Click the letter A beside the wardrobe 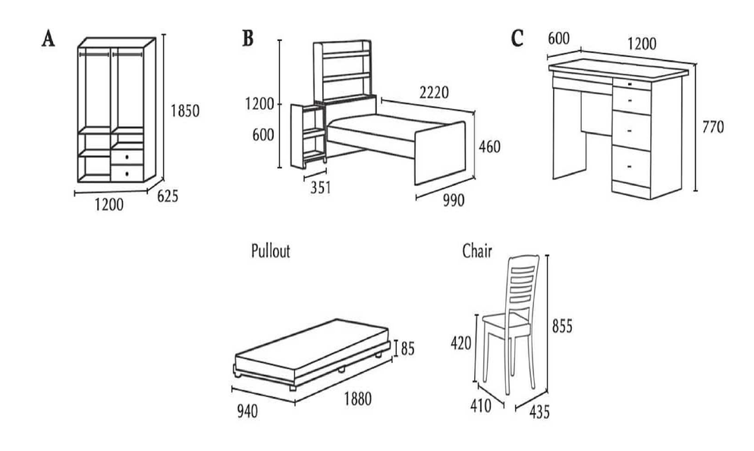click(48, 39)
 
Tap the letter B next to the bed click(247, 38)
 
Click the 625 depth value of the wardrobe click(168, 197)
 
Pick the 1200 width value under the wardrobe click(110, 205)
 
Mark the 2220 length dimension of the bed click(432, 93)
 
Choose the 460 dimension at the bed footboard click(489, 147)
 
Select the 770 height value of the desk click(713, 126)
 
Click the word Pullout click(271, 251)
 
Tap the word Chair click(478, 251)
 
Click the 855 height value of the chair click(562, 326)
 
